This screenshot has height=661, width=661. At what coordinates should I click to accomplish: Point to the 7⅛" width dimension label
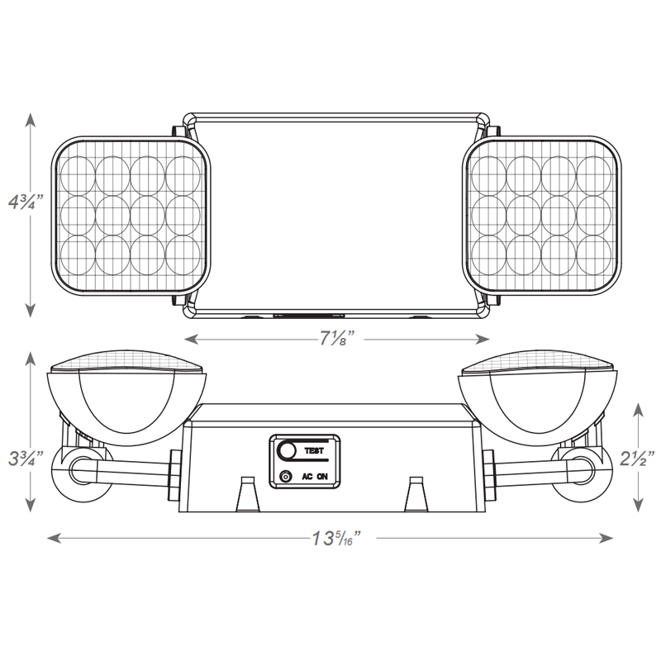coord(336,338)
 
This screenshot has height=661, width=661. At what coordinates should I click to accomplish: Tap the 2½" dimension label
coord(637,455)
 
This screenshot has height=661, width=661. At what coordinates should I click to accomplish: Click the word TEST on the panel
coord(315,451)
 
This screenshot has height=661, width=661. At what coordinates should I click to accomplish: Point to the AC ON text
coord(315,477)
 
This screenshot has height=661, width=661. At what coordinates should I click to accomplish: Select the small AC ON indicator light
coord(286,477)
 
